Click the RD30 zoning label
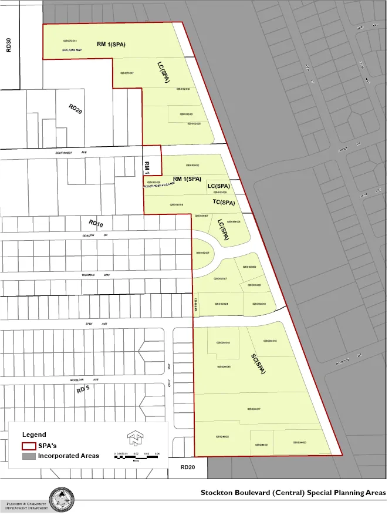pyautogui.click(x=9, y=45)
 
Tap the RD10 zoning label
pyautogui.click(x=96, y=223)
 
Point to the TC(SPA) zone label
pyautogui.click(x=224, y=203)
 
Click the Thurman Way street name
pyautogui.click(x=87, y=275)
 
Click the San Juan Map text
pyautogui.click(x=72, y=51)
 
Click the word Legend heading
pyautogui.click(x=34, y=435)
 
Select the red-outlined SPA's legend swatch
pyautogui.click(x=28, y=446)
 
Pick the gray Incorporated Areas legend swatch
pyautogui.click(x=28, y=456)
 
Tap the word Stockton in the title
pyautogui.click(x=217, y=492)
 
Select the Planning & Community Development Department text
pyautogui.click(x=26, y=506)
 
